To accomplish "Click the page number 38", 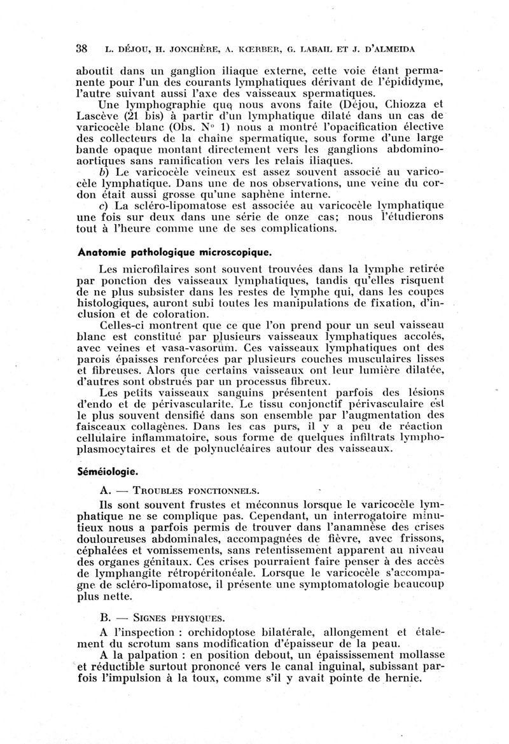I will pyautogui.click(x=81, y=48).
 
